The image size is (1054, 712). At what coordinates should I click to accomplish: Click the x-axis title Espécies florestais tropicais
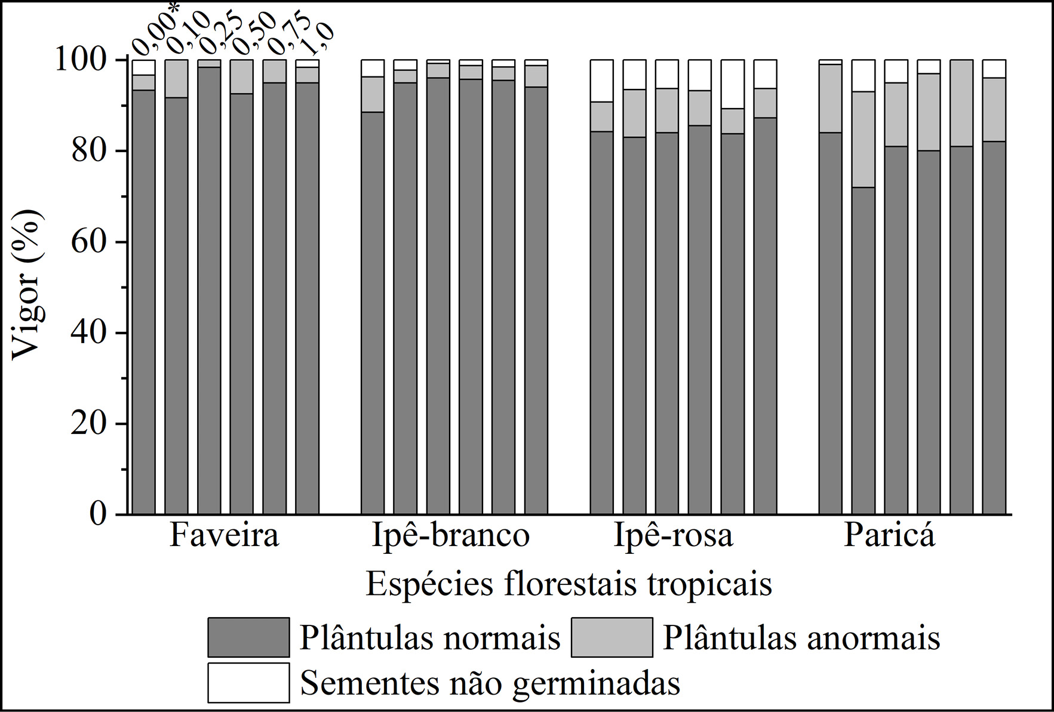[x=569, y=584]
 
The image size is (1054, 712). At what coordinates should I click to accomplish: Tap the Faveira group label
[x=224, y=535]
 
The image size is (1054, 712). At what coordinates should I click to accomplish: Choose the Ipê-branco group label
[x=451, y=535]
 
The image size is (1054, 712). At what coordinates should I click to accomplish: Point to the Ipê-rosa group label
[x=673, y=535]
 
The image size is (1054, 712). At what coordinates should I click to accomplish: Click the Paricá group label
[x=889, y=535]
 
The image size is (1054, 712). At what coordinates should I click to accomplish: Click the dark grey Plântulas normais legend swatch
[x=248, y=637]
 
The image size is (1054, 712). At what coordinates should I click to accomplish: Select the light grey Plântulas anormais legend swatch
[x=611, y=637]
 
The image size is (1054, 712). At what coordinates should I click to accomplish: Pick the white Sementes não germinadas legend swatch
[x=248, y=682]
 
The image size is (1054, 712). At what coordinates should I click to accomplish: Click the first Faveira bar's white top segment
[x=144, y=67]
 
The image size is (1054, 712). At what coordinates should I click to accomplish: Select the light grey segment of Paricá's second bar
[x=863, y=139]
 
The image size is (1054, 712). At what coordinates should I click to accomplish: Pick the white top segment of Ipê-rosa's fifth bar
[x=732, y=84]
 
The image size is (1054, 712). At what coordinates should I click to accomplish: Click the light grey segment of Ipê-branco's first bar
[x=373, y=94]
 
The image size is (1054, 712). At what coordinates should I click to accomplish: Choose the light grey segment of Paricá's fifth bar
[x=961, y=103]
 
